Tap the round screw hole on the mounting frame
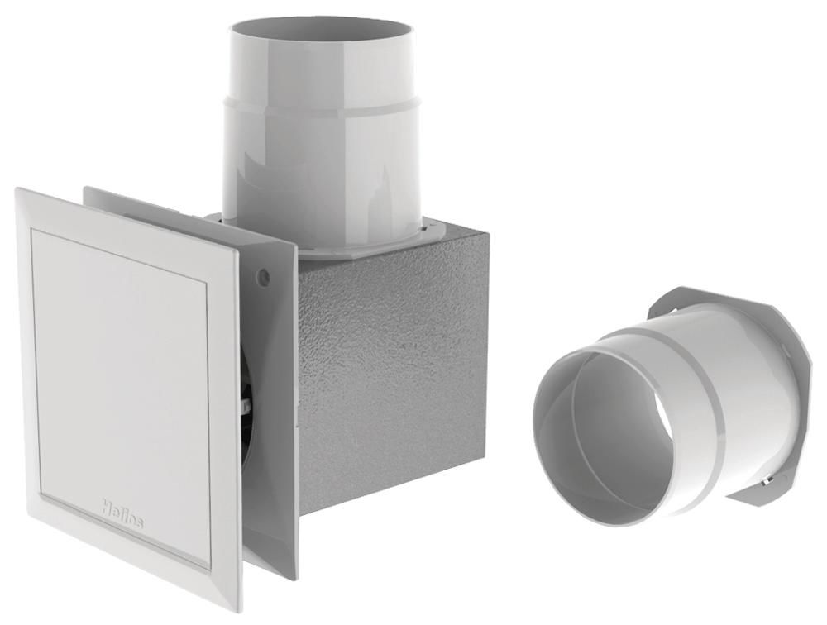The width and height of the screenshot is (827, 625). (x=264, y=274)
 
